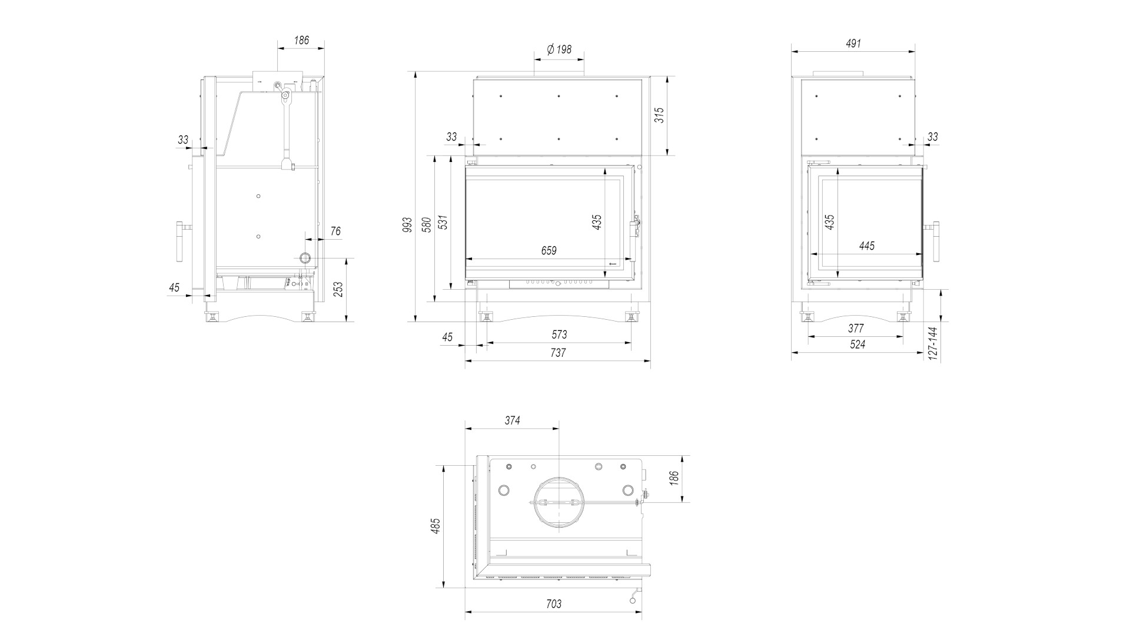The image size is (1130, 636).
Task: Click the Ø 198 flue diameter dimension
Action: (x=559, y=49)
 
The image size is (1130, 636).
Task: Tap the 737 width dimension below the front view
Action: (x=557, y=353)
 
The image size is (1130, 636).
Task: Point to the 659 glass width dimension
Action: (x=549, y=251)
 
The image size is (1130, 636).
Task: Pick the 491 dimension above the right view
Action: (x=853, y=44)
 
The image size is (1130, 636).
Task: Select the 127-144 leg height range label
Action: (x=932, y=344)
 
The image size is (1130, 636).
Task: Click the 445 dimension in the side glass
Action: (x=867, y=246)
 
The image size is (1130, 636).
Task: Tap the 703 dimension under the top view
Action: (x=553, y=604)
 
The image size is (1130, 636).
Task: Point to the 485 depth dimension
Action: (x=436, y=526)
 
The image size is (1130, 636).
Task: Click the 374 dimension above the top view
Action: (x=512, y=420)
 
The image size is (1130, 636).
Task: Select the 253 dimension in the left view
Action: (x=338, y=290)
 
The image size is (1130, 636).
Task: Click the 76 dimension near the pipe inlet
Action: (x=335, y=231)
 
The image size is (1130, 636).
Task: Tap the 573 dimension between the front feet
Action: (x=559, y=334)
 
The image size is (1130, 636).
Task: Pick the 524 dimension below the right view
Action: (x=858, y=344)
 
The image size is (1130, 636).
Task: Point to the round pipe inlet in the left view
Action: (x=305, y=258)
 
